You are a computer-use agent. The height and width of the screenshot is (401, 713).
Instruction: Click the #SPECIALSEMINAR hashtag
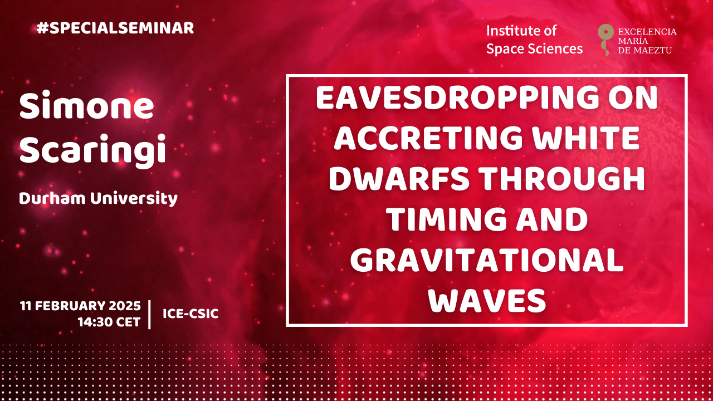(115, 28)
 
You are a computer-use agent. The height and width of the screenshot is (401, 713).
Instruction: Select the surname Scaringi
(92, 150)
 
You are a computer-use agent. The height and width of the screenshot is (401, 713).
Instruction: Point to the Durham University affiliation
(98, 199)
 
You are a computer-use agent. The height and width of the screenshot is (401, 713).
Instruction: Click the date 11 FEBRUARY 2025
(80, 306)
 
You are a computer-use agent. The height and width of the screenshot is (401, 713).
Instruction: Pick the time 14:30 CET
(109, 322)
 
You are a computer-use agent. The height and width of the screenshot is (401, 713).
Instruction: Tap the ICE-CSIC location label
(191, 314)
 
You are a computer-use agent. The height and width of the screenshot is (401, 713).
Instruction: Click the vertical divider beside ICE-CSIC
(150, 314)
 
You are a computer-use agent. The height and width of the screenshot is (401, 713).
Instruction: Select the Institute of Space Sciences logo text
(534, 40)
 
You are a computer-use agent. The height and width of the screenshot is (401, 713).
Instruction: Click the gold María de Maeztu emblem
(605, 40)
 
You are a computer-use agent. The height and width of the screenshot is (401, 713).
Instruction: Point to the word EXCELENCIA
(647, 32)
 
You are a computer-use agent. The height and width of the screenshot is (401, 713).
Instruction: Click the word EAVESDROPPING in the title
(457, 98)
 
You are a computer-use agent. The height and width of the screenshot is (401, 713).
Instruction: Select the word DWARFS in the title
(399, 179)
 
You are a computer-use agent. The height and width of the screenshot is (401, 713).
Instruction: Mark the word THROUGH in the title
(562, 179)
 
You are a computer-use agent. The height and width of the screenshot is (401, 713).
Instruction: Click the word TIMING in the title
(446, 219)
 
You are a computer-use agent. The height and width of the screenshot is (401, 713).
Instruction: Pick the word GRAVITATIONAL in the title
(487, 260)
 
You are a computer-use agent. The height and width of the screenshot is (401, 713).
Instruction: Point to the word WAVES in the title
(487, 300)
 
